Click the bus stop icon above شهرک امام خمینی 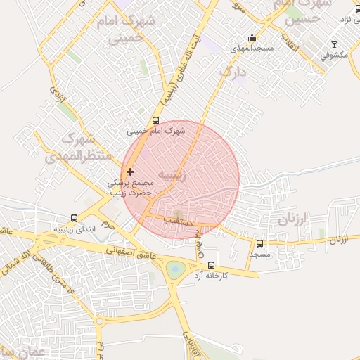coord(156,120)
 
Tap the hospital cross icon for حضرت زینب coord(130,172)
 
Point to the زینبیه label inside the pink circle coord(173,174)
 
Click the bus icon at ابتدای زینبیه coord(75,219)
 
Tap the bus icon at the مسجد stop coord(259,243)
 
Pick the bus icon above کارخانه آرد coord(212,264)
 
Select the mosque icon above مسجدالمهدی coord(252,38)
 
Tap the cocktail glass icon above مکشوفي coord(334,44)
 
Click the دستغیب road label coord(178,219)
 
